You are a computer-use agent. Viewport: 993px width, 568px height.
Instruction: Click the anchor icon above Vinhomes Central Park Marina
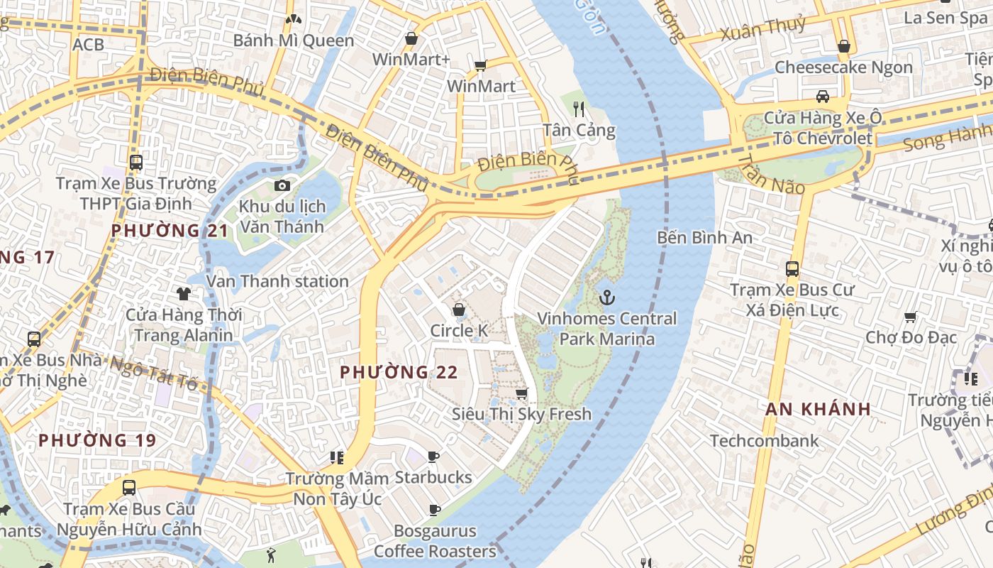click(606, 297)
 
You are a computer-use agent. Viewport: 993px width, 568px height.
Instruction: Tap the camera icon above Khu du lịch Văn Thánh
click(282, 185)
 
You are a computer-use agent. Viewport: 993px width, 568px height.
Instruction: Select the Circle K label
click(459, 331)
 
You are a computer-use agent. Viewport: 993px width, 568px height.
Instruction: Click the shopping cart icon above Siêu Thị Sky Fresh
click(522, 393)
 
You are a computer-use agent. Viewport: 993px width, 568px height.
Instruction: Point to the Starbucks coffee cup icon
click(433, 457)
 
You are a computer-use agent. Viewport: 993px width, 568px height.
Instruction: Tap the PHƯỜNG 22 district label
click(399, 372)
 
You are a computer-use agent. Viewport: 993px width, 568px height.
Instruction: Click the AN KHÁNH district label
click(818, 409)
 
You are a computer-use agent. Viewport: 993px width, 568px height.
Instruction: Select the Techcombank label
click(764, 441)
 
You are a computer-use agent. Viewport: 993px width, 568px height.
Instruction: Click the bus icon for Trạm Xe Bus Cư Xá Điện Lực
click(792, 269)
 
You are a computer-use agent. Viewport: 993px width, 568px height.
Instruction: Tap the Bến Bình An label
click(704, 237)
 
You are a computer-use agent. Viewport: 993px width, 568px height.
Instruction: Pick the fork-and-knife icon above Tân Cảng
click(579, 109)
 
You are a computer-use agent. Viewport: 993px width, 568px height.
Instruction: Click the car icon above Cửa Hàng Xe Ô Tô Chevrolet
click(822, 96)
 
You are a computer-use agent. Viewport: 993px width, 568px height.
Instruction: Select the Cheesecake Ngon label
click(843, 67)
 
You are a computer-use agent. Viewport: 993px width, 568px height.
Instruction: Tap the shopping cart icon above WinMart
click(480, 65)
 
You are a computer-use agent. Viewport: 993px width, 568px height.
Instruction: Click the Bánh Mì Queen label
click(293, 40)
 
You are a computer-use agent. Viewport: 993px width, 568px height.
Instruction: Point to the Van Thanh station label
click(277, 281)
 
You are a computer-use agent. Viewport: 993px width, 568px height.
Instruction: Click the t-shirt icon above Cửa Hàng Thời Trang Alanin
click(184, 293)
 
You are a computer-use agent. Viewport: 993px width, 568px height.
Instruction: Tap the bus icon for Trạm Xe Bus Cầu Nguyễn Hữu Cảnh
click(128, 488)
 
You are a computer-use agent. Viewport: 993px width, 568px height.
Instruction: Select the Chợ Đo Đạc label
click(911, 337)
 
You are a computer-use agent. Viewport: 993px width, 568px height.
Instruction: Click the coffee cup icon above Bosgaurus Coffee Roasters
click(435, 510)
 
